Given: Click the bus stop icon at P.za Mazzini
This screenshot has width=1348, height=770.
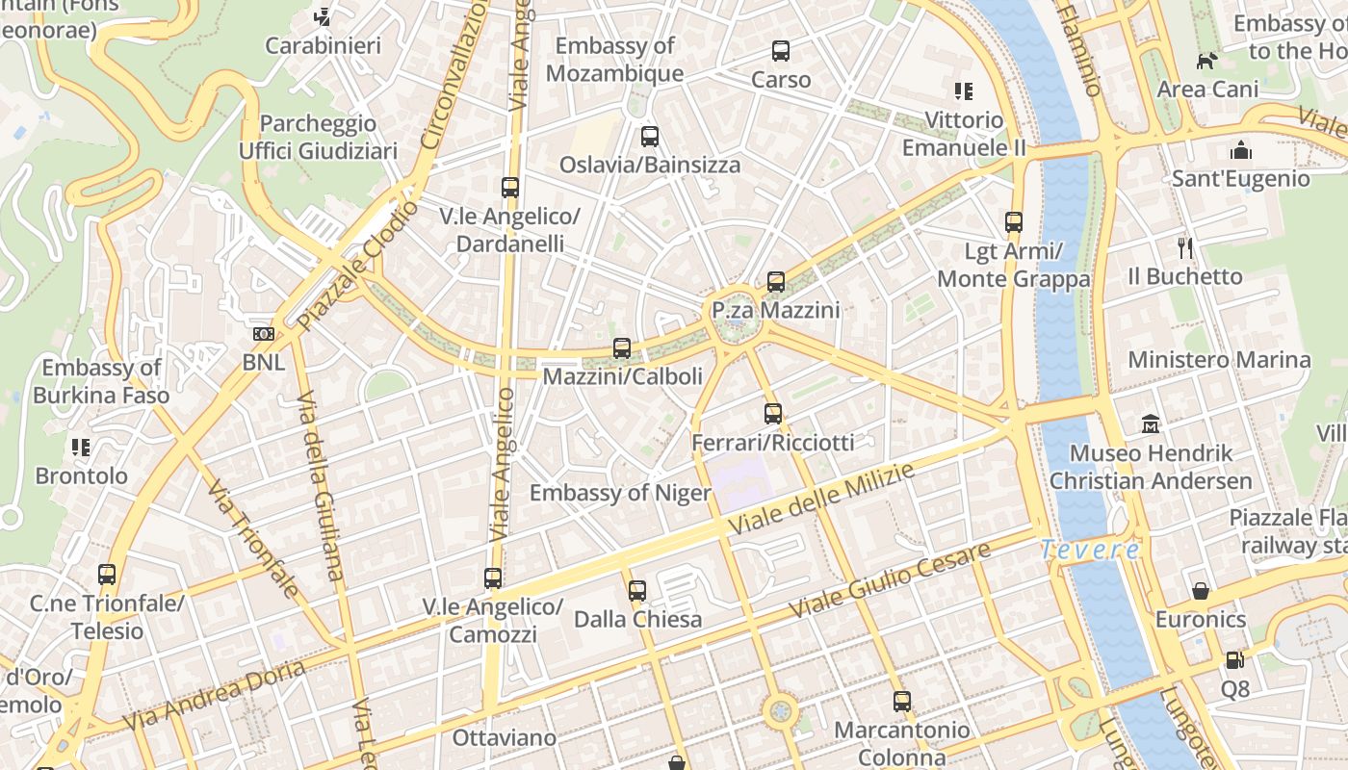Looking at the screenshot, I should tap(776, 282).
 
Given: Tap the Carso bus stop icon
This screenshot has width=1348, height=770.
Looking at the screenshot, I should tap(781, 51).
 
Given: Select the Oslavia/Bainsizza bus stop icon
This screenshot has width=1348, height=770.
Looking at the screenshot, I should tap(650, 137).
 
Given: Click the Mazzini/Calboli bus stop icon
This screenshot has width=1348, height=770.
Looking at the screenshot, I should tap(622, 348).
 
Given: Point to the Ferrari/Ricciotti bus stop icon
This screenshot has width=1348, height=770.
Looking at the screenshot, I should tap(772, 414).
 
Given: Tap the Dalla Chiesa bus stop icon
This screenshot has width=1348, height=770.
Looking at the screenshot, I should tap(637, 591).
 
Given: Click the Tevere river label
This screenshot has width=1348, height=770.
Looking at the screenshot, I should tap(1090, 550).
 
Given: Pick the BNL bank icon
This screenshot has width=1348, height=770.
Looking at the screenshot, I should tap(264, 334).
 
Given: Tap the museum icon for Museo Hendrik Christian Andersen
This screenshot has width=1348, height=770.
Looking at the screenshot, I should tap(1151, 424).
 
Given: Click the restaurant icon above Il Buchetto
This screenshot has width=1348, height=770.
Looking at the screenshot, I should tap(1185, 247).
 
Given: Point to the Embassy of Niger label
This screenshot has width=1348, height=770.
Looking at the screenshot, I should tap(620, 494).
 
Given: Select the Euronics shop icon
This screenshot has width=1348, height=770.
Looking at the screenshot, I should tap(1201, 590).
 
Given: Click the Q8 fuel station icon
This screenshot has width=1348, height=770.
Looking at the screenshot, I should tap(1234, 660).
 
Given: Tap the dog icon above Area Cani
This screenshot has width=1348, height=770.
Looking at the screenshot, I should tap(1206, 61).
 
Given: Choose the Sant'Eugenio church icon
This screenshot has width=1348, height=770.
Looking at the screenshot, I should tap(1241, 150).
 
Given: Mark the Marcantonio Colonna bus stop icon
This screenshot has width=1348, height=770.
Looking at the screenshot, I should tap(902, 702).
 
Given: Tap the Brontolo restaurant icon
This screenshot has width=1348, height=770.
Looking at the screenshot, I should tap(81, 448).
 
